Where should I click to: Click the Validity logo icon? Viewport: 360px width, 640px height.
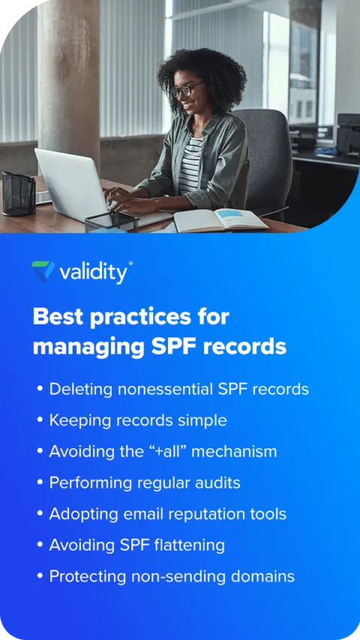(x=43, y=271)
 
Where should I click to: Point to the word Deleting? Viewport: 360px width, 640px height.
(x=79, y=389)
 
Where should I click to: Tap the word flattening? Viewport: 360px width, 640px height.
(x=188, y=545)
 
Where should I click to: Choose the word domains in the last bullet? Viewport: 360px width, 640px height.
(x=262, y=576)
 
